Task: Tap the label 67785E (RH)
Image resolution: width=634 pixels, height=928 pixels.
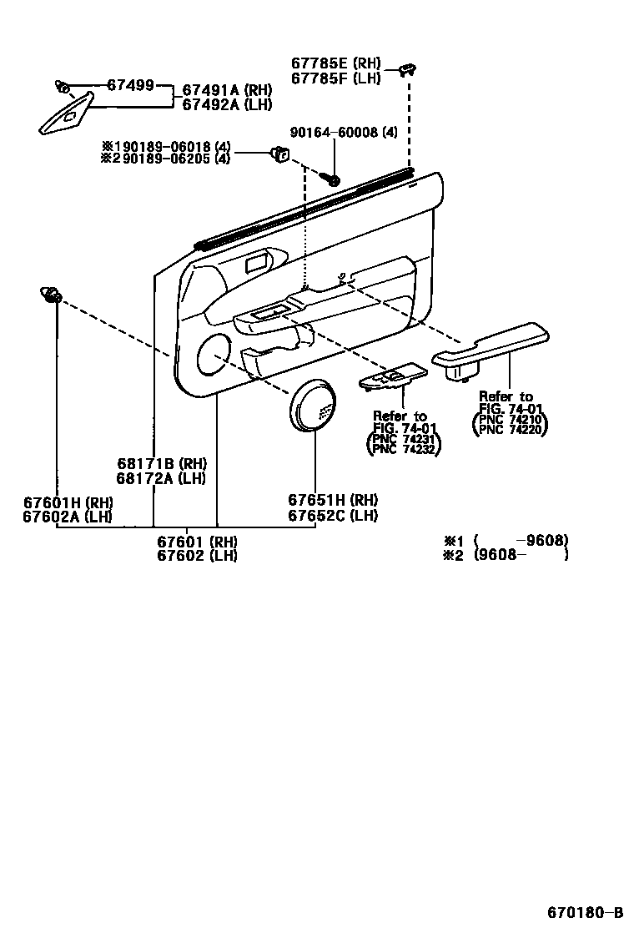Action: tap(335, 63)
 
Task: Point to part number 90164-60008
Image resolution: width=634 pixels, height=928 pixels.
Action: tap(344, 133)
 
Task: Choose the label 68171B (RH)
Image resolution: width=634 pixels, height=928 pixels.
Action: tap(161, 464)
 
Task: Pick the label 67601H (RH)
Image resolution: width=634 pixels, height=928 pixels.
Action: tap(68, 502)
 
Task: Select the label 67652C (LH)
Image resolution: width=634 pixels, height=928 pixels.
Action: tap(333, 516)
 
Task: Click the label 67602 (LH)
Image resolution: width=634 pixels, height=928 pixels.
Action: tap(197, 556)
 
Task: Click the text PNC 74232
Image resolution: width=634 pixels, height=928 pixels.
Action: tap(405, 448)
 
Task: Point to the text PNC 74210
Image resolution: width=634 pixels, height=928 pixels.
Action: tap(511, 419)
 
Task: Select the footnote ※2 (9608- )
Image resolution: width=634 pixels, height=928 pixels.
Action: tap(506, 554)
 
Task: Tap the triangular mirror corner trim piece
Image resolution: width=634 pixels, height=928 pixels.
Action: tap(67, 113)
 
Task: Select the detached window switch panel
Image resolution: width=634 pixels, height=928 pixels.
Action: tap(391, 378)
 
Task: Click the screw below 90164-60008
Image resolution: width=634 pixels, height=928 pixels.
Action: tap(334, 179)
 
